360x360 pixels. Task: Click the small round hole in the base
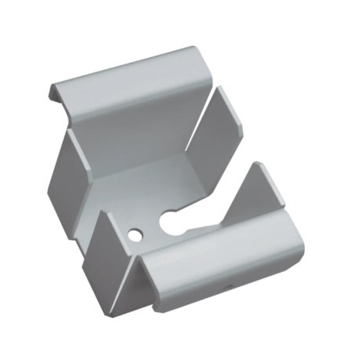coord(135,234)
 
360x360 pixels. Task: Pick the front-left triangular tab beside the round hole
coord(106,252)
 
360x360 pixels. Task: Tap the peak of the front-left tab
coord(103,214)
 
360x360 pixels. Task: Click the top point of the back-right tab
coord(218,88)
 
